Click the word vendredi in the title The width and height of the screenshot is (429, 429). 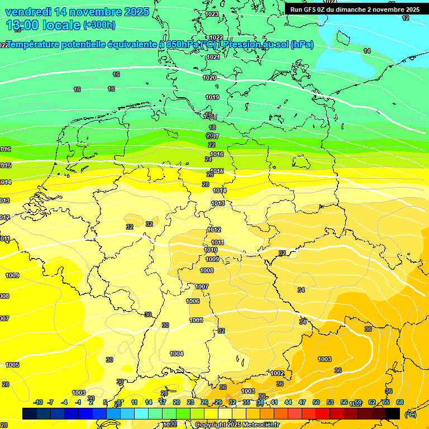pos(28,12)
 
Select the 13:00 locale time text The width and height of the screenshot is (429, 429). pos(43,25)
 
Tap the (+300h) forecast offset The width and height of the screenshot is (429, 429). pos(99,25)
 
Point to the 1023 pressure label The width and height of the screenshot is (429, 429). pos(212,14)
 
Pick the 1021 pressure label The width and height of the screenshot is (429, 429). pos(213,57)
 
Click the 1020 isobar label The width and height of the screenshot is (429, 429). pos(209,78)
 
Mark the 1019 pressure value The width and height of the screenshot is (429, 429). pos(212,97)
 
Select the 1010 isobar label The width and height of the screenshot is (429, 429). pos(211,250)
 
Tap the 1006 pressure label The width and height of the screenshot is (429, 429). pos(193,301)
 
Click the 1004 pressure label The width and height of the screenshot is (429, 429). pos(177,354)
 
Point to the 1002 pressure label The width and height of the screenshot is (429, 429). pos(277,373)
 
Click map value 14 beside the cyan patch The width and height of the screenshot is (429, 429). pos(367,51)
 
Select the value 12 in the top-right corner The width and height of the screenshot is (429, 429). pos(406,18)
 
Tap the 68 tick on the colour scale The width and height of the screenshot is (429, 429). pos(400,402)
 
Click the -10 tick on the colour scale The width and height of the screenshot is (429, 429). pos(38,402)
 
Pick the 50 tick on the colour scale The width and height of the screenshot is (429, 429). pos(316,402)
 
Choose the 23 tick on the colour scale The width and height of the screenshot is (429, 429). pos(190,402)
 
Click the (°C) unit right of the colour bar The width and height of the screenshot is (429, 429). pos(410,414)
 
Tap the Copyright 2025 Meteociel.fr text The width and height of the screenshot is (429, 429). pos(237,425)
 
